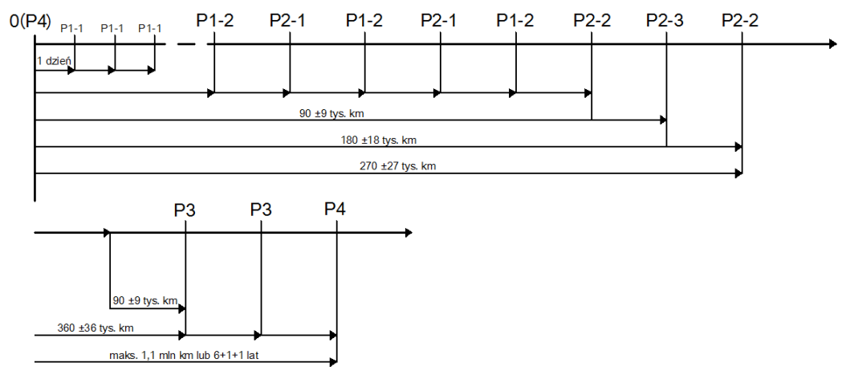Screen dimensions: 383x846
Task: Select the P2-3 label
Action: pos(665,20)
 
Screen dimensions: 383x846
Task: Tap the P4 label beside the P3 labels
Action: pos(336,210)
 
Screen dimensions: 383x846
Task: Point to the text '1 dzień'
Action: pos(54,60)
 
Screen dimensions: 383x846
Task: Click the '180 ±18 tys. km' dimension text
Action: pos(379,141)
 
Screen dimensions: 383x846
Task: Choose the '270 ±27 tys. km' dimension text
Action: pos(398,167)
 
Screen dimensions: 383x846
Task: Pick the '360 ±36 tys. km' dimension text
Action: pos(96,328)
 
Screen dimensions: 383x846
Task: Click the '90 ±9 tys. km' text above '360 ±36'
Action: pos(144,300)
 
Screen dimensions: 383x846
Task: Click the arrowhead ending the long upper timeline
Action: pos(832,44)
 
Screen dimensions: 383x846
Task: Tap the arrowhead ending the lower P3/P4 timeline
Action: pos(409,233)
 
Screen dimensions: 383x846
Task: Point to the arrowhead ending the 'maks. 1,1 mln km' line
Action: pos(332,362)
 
